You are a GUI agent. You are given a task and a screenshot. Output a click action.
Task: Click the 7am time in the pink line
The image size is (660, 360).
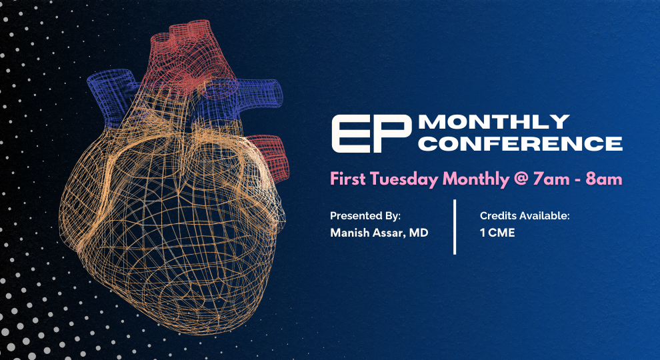click(545, 179)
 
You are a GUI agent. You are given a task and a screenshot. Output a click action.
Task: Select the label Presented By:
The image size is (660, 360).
click(365, 216)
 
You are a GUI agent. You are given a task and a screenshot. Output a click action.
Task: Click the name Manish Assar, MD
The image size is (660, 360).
click(379, 233)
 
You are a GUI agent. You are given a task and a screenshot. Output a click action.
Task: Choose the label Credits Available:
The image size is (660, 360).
click(524, 216)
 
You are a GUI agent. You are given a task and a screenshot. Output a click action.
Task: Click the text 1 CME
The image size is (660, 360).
click(497, 233)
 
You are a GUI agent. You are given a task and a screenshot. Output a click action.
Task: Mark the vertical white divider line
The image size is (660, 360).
click(455, 227)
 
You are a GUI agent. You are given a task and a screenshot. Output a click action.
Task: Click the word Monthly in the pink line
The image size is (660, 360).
click(472, 179)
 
